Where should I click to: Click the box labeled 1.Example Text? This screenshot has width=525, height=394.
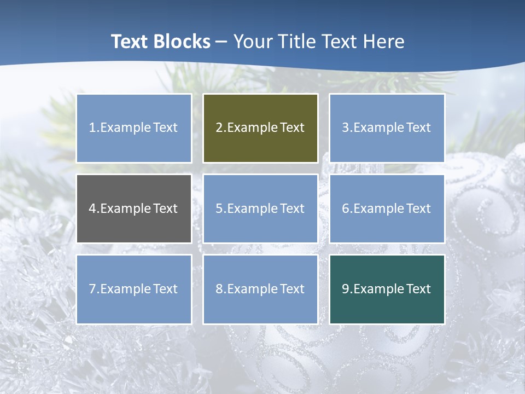(x=134, y=128)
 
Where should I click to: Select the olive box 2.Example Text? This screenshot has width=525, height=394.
(x=260, y=128)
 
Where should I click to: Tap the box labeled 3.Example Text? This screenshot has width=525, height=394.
(x=387, y=128)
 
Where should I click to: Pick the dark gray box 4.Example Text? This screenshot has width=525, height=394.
(x=134, y=208)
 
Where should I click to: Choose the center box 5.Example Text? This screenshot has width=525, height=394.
(x=260, y=208)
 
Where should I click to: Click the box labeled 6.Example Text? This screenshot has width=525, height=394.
(x=387, y=208)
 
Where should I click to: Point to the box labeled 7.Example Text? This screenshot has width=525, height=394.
(x=134, y=289)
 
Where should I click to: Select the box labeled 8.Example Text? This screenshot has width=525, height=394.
(x=260, y=289)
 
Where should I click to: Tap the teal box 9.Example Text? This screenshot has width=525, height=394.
(x=387, y=289)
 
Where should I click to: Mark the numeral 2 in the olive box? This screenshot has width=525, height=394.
(x=219, y=128)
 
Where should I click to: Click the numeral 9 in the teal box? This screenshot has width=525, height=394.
(x=346, y=289)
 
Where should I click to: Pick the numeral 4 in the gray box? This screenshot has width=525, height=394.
(x=92, y=208)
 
